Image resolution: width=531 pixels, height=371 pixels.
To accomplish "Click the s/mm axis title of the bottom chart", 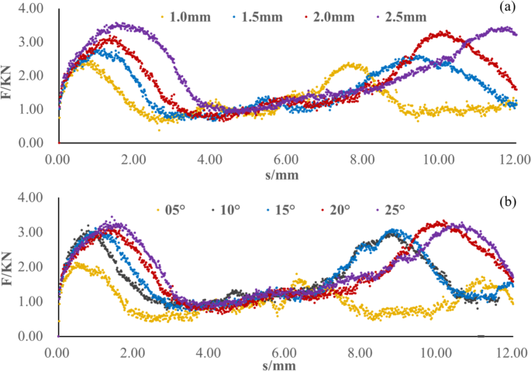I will click(x=284, y=364).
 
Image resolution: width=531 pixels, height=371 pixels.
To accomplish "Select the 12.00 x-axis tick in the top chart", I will click(x=512, y=159).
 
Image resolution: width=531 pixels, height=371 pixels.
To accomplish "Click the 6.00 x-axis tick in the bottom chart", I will click(x=285, y=352).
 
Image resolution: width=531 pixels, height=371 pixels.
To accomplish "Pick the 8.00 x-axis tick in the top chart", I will click(x=360, y=159).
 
